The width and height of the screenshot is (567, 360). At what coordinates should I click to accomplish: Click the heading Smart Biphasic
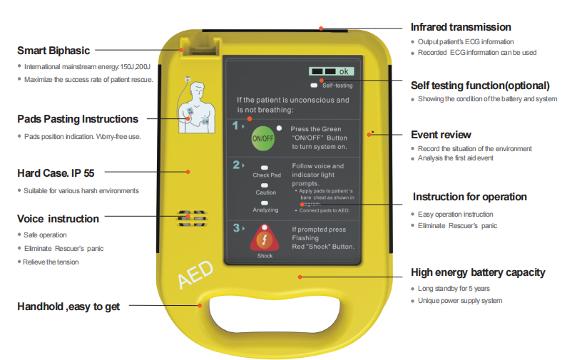click(x=53, y=51)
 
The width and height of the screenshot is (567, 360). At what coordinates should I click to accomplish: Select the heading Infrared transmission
click(x=461, y=27)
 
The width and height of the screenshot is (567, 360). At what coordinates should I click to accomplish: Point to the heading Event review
click(x=441, y=135)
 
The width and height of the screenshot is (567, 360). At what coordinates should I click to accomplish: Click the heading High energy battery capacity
click(x=478, y=272)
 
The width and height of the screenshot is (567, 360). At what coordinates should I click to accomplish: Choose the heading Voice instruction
click(x=58, y=219)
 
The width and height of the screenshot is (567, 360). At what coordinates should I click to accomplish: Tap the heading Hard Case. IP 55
click(x=56, y=173)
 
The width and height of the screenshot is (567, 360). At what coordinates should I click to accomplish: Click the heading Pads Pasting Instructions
click(x=78, y=119)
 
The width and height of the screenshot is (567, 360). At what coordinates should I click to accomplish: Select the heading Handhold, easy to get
click(x=68, y=307)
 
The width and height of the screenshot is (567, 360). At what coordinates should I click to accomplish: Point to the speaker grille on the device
click(x=191, y=217)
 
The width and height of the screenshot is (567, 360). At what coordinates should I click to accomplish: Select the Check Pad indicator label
click(x=265, y=175)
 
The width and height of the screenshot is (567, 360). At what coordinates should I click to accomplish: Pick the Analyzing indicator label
click(x=265, y=210)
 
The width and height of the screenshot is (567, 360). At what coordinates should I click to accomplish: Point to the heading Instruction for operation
click(x=469, y=197)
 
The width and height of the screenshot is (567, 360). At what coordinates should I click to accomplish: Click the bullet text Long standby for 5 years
click(x=454, y=289)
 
